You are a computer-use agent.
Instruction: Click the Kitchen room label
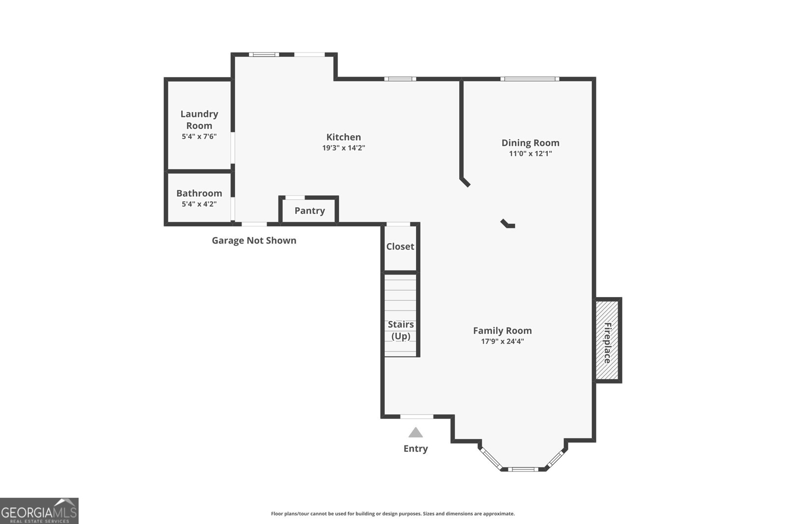click(x=343, y=137)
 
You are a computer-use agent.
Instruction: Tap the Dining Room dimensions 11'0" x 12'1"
click(x=530, y=153)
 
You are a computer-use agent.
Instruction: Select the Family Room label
click(x=502, y=331)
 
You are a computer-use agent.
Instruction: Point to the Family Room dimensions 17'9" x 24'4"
click(x=502, y=341)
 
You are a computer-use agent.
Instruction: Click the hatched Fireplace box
click(x=607, y=340)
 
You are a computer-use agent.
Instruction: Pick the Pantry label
click(x=309, y=211)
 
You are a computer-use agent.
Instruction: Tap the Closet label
click(x=400, y=247)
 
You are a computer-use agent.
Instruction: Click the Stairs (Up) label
click(x=401, y=330)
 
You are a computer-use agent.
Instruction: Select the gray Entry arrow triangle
click(x=416, y=433)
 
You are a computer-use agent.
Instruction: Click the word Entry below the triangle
click(x=416, y=448)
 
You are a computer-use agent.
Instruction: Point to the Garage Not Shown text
click(x=254, y=240)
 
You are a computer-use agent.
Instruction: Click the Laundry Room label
click(x=199, y=119)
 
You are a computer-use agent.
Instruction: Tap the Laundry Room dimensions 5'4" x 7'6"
click(x=199, y=137)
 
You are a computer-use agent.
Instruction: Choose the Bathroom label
click(x=199, y=193)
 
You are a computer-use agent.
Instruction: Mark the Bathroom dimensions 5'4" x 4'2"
click(x=199, y=204)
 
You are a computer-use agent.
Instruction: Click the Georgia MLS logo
click(x=39, y=511)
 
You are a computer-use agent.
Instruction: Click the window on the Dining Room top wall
click(x=530, y=79)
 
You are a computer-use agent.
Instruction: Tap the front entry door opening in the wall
click(x=417, y=416)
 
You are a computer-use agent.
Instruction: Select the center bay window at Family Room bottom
click(x=523, y=469)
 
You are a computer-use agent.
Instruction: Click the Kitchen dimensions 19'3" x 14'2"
click(x=343, y=148)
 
